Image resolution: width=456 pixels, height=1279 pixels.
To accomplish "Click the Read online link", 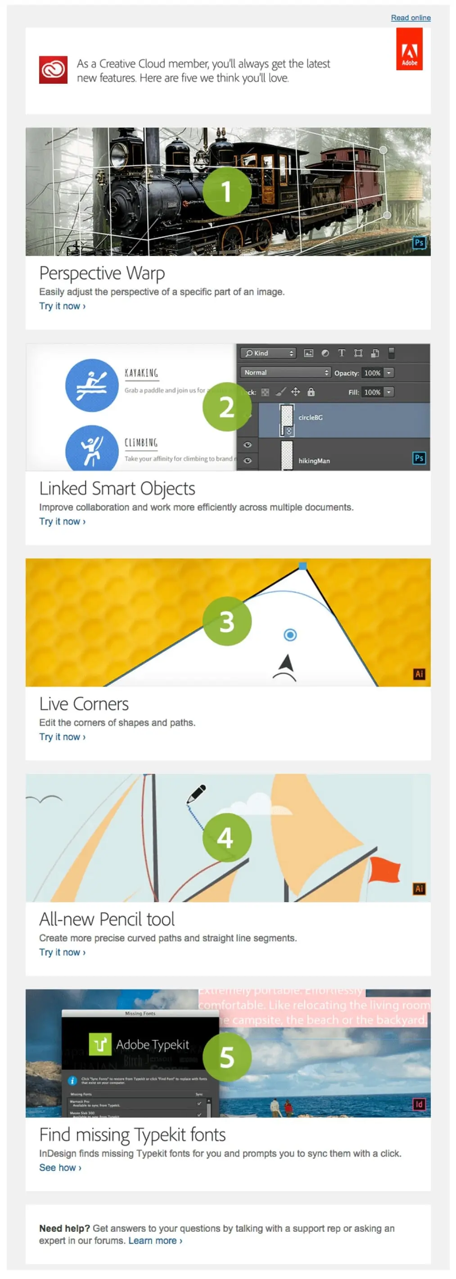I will [x=411, y=18].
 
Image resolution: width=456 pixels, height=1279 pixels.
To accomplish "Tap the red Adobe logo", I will [x=409, y=49].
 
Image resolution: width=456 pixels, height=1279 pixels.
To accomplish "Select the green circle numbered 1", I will [x=227, y=191].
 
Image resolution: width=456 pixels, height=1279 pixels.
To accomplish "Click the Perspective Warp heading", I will [x=102, y=273].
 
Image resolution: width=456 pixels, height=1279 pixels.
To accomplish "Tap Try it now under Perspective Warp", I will [x=62, y=306].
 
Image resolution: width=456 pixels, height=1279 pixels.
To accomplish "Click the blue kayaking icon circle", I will [x=92, y=385].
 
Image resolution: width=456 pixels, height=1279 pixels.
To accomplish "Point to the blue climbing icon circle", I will [x=92, y=448].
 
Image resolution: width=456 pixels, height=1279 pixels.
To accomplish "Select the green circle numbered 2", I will [x=227, y=407].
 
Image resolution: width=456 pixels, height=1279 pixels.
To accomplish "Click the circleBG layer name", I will [x=310, y=418].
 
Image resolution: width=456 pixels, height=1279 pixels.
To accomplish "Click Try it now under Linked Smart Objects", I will [x=62, y=521].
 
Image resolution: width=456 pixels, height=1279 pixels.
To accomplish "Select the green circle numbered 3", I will [x=227, y=621].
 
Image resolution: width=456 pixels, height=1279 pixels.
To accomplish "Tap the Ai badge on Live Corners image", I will [x=419, y=674].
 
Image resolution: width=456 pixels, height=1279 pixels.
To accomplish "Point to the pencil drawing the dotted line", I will [x=196, y=793].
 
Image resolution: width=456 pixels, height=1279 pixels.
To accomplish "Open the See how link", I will [x=60, y=1167].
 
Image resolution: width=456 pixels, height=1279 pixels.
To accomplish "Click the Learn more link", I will [x=155, y=1240].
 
